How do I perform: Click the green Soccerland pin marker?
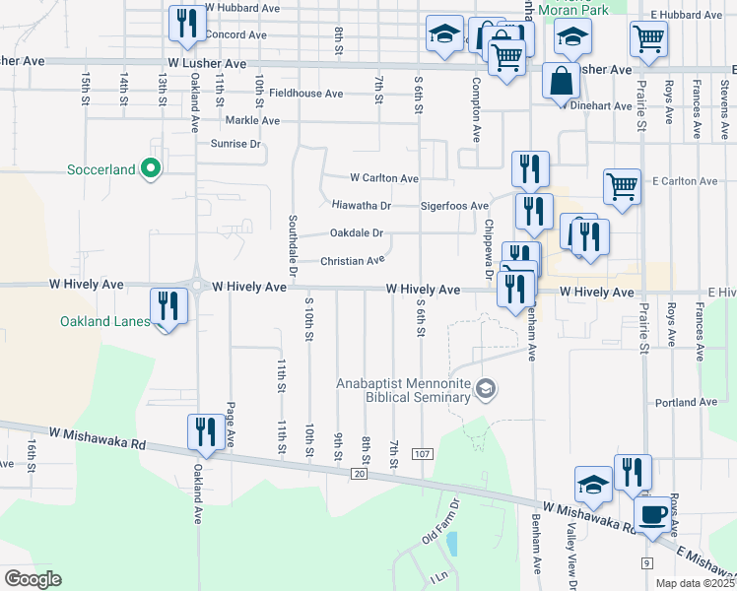(151, 170)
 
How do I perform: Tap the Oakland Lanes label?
(103, 321)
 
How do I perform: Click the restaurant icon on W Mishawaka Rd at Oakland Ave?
(205, 431)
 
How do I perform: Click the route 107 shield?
(423, 453)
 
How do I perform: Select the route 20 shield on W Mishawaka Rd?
(358, 474)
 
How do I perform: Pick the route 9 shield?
(646, 562)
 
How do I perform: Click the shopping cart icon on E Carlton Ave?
(622, 184)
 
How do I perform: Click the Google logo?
(33, 578)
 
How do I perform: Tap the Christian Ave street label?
(352, 261)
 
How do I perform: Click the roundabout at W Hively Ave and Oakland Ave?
(196, 288)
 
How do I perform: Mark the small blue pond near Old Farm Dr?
(451, 543)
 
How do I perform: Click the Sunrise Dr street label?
(237, 144)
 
